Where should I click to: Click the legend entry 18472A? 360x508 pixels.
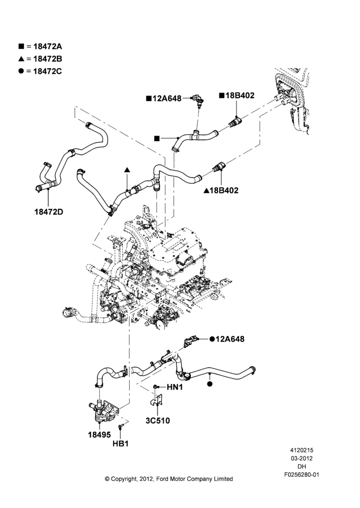click(40, 46)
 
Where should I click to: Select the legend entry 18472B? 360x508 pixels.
click(40, 58)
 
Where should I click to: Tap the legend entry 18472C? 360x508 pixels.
click(40, 71)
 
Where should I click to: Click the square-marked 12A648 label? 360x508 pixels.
click(164, 98)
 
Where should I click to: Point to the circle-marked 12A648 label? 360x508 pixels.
click(227, 339)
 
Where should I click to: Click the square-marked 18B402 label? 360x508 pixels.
click(237, 96)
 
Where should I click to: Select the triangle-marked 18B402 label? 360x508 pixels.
click(221, 190)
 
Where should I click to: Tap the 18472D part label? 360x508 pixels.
click(49, 212)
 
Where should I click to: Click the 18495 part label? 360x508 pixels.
click(99, 434)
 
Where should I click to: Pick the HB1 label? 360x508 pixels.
click(121, 443)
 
